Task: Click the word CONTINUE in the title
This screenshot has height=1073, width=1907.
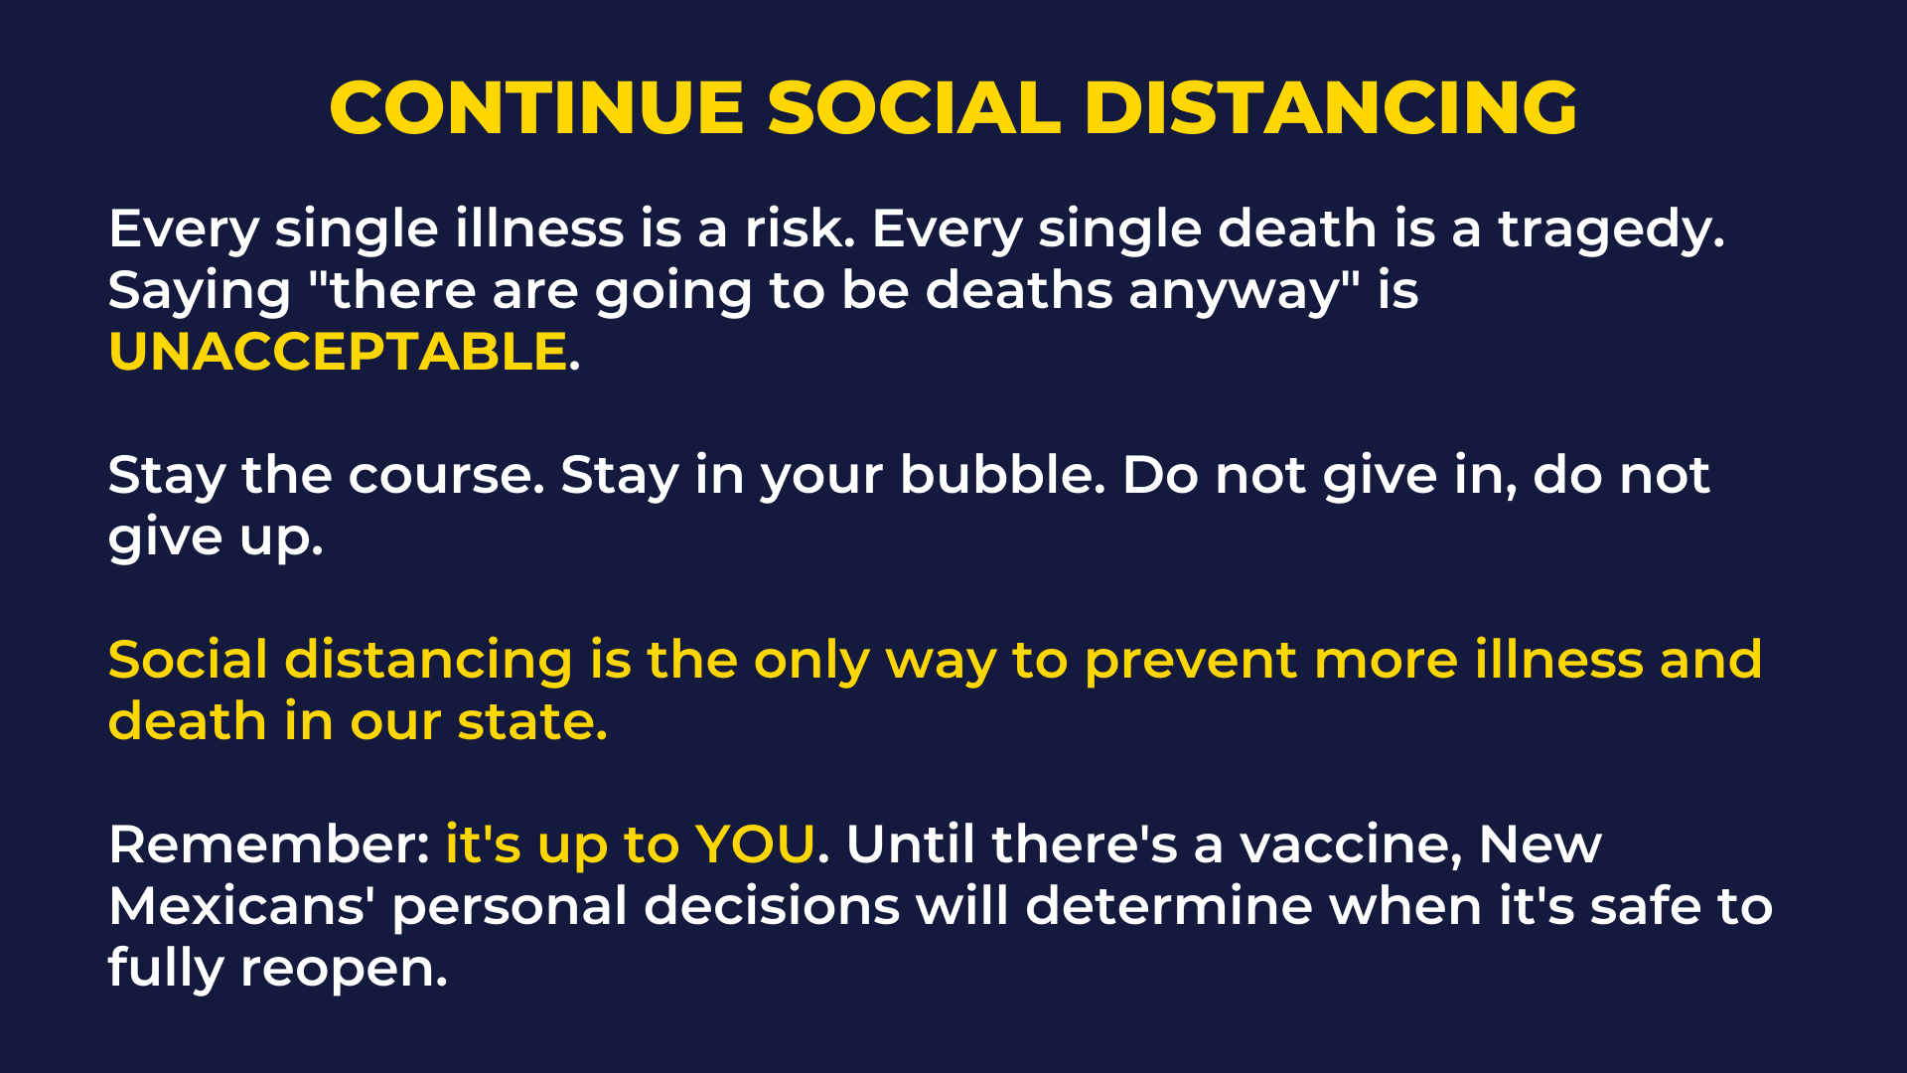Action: pyautogui.click(x=536, y=107)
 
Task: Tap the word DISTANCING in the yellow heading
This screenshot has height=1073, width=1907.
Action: pyautogui.click(x=1331, y=107)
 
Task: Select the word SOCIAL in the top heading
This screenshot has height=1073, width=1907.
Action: pyautogui.click(x=915, y=107)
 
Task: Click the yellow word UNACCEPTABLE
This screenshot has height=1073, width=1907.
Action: pyautogui.click(x=338, y=352)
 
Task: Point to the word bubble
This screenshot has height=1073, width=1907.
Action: pyautogui.click(x=1002, y=475)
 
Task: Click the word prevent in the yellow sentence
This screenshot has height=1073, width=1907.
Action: pyautogui.click(x=1191, y=662)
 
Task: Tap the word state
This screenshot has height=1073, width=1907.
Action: pyautogui.click(x=532, y=721)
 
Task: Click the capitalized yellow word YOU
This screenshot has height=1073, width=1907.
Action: pyautogui.click(x=755, y=844)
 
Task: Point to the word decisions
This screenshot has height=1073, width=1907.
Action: pyautogui.click(x=772, y=906)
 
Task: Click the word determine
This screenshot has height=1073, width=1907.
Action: pyautogui.click(x=1169, y=906)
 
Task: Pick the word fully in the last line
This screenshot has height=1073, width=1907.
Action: pyautogui.click(x=166, y=968)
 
